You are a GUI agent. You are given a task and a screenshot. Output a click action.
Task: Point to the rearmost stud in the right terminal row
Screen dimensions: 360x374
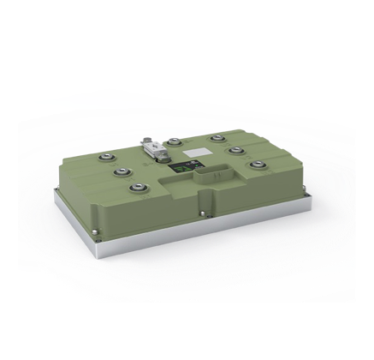coord(211,137)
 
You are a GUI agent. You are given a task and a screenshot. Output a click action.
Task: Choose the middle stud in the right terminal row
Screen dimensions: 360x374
coord(234,150)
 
